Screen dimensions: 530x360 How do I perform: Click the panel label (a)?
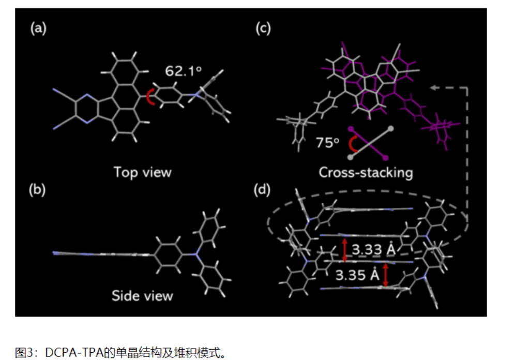coord(38,28)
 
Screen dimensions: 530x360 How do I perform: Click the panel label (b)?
coord(37,190)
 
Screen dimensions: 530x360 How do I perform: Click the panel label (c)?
coord(263,28)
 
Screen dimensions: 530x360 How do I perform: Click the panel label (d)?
coord(262,190)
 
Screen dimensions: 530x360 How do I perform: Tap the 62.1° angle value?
coord(183,71)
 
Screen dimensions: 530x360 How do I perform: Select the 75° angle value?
coord(327,143)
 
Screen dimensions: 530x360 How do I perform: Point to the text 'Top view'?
coord(143,172)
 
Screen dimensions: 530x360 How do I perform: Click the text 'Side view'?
coord(142,296)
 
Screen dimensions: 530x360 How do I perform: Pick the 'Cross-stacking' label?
coord(366,172)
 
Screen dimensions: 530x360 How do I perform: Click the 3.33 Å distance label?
coord(373,249)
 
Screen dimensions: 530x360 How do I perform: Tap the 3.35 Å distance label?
coord(357,275)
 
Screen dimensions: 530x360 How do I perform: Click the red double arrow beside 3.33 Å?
coord(344,250)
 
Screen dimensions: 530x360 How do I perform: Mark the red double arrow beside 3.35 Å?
coord(385,275)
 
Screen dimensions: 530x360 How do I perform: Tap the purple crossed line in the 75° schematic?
coord(368,143)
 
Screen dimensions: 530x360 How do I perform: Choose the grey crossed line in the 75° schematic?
coord(370,143)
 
